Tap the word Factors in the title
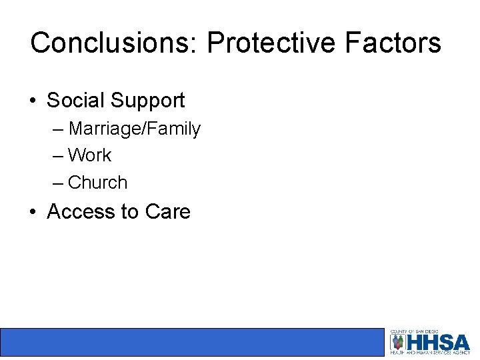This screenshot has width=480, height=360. tap(393, 43)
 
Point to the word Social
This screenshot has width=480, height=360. tap(75, 101)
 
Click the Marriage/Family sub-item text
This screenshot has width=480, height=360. tap(134, 129)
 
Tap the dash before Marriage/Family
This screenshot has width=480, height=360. tap(58, 129)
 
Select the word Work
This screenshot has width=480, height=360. tap(90, 155)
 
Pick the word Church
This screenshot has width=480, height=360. tap(97, 182)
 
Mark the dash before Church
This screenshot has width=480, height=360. tap(58, 183)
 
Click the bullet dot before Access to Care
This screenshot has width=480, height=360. tap(33, 213)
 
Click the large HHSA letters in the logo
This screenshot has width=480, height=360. tap(439, 342)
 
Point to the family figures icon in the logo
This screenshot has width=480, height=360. tap(398, 342)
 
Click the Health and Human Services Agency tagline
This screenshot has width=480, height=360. tap(431, 353)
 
